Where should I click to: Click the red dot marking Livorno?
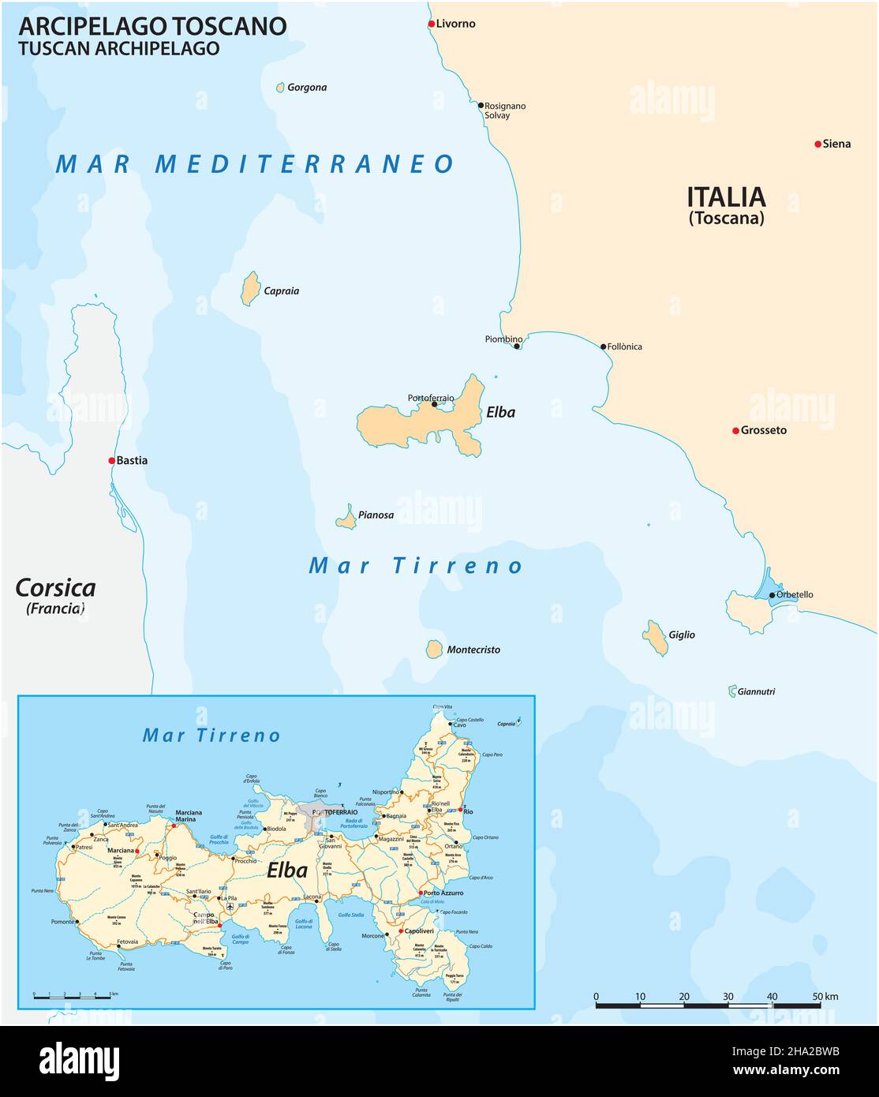(x=432, y=24)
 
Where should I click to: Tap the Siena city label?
(x=836, y=144)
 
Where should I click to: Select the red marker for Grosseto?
(x=735, y=431)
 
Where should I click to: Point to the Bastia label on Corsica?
(x=132, y=460)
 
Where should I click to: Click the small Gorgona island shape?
(x=280, y=88)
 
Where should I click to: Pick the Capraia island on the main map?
(x=250, y=289)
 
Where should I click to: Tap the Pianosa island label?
(x=376, y=515)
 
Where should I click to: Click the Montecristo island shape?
(x=434, y=649)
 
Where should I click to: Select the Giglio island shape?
(x=655, y=638)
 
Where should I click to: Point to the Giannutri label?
(x=756, y=692)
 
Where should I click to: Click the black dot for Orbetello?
(x=772, y=595)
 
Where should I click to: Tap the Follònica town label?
(x=625, y=346)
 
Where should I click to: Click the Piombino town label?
(x=503, y=339)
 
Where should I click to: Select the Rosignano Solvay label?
(x=505, y=110)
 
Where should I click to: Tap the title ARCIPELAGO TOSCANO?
(x=152, y=26)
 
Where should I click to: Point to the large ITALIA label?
(x=726, y=197)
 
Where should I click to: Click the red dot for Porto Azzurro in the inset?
(x=420, y=893)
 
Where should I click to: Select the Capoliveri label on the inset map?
(x=419, y=931)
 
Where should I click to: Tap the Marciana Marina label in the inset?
(x=189, y=816)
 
